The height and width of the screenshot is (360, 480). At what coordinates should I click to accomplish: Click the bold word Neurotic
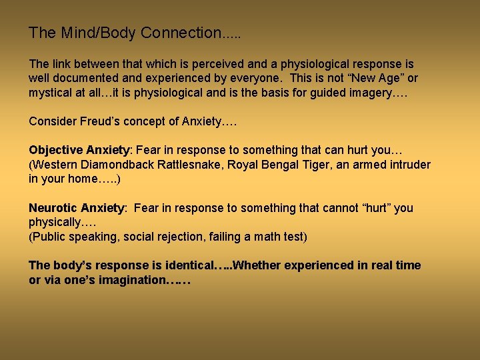53,208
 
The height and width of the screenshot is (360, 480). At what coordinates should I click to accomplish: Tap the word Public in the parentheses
49,237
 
